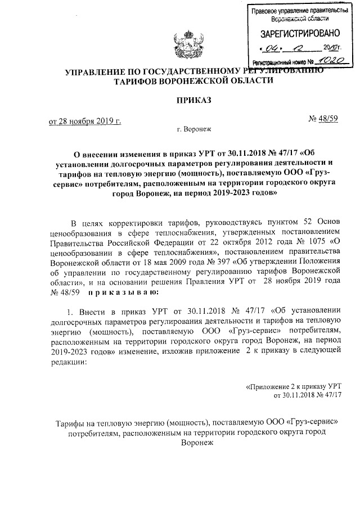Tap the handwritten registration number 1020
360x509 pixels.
(x=327, y=58)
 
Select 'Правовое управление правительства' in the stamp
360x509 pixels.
(x=298, y=11)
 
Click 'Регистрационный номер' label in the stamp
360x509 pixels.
(x=278, y=60)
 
